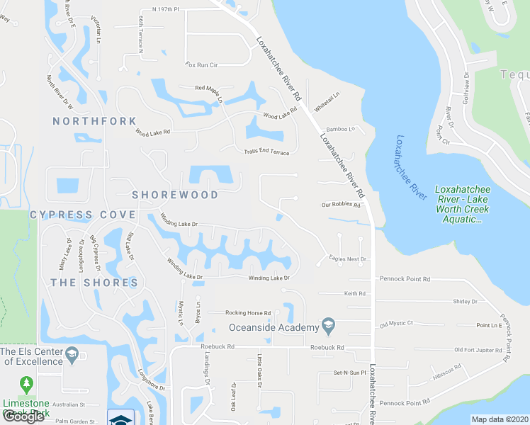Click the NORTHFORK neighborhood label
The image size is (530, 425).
pos(94,121)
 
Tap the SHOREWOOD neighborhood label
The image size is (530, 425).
pos(175,194)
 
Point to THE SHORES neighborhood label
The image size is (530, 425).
pos(94,283)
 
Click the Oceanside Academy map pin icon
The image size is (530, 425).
pos(328,326)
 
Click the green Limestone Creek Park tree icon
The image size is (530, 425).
pos(27,385)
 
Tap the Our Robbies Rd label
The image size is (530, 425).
pos(342,205)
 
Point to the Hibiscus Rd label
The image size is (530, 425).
pos(448,368)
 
